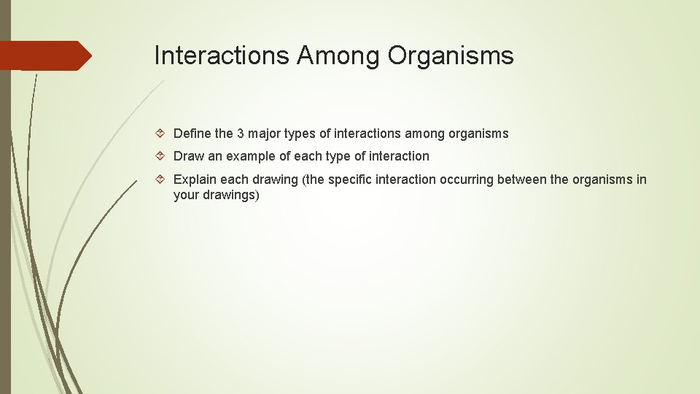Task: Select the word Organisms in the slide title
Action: click(x=451, y=55)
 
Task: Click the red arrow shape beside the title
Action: click(x=45, y=55)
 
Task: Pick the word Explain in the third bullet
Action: click(x=195, y=179)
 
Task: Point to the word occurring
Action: click(x=467, y=179)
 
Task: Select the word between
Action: click(x=521, y=179)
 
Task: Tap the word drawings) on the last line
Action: click(x=231, y=196)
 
